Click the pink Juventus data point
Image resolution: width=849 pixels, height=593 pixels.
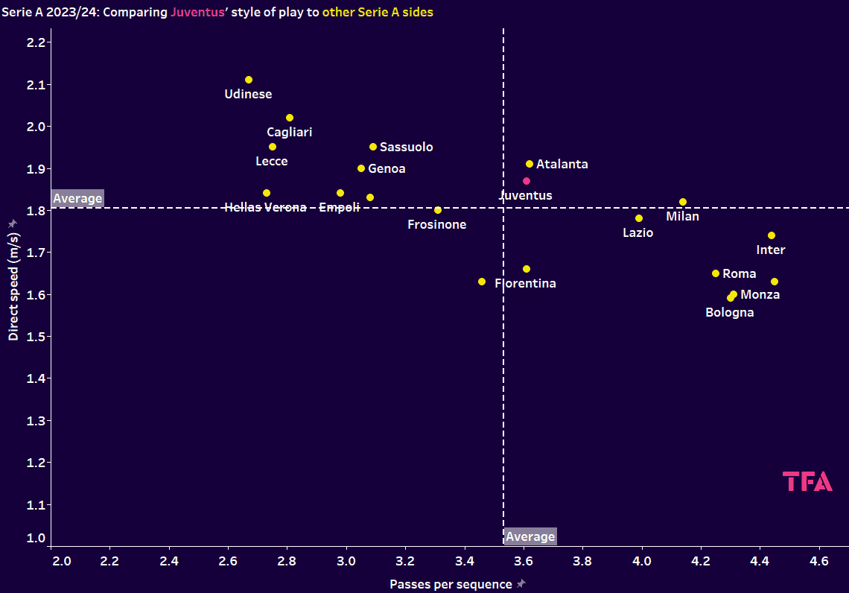pyautogui.click(x=527, y=181)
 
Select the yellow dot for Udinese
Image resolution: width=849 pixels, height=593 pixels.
pyautogui.click(x=249, y=80)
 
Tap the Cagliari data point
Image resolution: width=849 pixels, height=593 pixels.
pyautogui.click(x=290, y=118)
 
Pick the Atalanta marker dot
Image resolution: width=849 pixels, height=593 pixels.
pyautogui.click(x=530, y=164)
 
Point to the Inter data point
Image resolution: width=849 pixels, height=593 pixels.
pyautogui.click(x=772, y=235)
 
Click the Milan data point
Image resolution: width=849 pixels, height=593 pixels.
pyautogui.click(x=683, y=202)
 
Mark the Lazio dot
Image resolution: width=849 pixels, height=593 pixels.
pyautogui.click(x=639, y=218)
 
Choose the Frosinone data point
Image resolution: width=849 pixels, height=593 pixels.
pyautogui.click(x=438, y=210)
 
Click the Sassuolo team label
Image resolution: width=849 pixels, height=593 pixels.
pyautogui.click(x=406, y=148)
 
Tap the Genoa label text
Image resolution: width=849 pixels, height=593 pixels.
pyautogui.click(x=387, y=169)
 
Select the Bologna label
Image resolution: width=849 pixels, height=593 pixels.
pyautogui.click(x=729, y=313)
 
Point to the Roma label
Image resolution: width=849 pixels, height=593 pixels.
pyautogui.click(x=739, y=274)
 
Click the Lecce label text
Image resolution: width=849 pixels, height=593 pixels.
pyautogui.click(x=271, y=162)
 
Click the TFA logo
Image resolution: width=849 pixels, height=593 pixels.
pyautogui.click(x=807, y=482)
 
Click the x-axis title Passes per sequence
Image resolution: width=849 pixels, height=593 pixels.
pyautogui.click(x=451, y=585)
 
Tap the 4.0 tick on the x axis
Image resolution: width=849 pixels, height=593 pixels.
pyautogui.click(x=642, y=559)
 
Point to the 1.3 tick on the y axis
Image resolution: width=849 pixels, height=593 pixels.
pyautogui.click(x=36, y=421)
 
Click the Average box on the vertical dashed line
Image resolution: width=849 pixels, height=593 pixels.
pyautogui.click(x=530, y=537)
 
